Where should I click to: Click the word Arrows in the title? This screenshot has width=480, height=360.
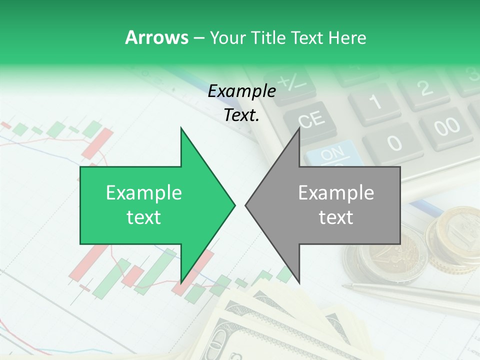point(156,37)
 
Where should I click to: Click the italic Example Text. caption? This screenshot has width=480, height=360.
point(242,103)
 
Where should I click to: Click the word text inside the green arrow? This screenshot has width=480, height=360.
point(143,217)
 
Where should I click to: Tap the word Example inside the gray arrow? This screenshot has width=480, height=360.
point(336,193)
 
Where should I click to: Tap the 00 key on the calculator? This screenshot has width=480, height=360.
point(446,127)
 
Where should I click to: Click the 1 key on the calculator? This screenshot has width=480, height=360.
point(375,103)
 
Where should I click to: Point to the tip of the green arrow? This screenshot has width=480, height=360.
point(234,205)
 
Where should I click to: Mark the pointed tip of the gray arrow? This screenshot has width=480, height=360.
point(246,205)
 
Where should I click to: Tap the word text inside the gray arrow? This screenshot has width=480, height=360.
point(336,217)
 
